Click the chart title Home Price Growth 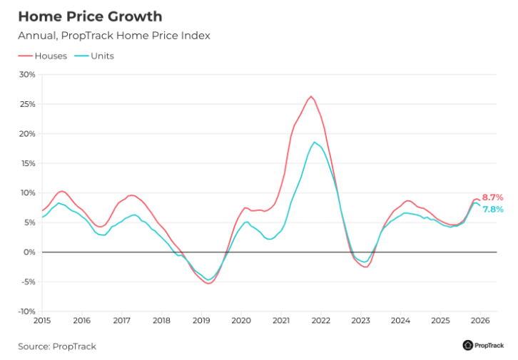[x=90, y=16]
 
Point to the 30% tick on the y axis [x=27, y=74]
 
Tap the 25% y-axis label [x=27, y=104]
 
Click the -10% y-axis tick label [x=26, y=312]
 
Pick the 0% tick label [x=29, y=252]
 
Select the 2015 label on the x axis [x=41, y=321]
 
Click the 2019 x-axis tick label [x=201, y=321]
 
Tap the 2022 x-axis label [x=321, y=321]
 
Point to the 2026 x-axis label [x=480, y=321]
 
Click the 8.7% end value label [x=492, y=197]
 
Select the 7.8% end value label [x=493, y=209]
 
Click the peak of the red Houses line [x=310, y=96]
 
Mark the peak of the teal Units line [x=314, y=142]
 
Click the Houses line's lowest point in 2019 [x=208, y=283]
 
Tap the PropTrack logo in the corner [x=482, y=345]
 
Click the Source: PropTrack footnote [x=57, y=346]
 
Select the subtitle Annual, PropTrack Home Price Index [x=114, y=36]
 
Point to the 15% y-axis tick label [x=27, y=163]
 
